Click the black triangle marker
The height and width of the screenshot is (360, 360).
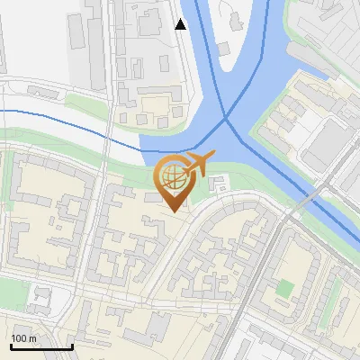tap(181, 24)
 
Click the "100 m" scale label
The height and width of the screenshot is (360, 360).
tap(24, 337)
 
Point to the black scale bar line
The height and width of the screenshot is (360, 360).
tap(41, 346)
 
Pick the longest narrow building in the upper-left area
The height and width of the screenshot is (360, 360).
tap(74, 36)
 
